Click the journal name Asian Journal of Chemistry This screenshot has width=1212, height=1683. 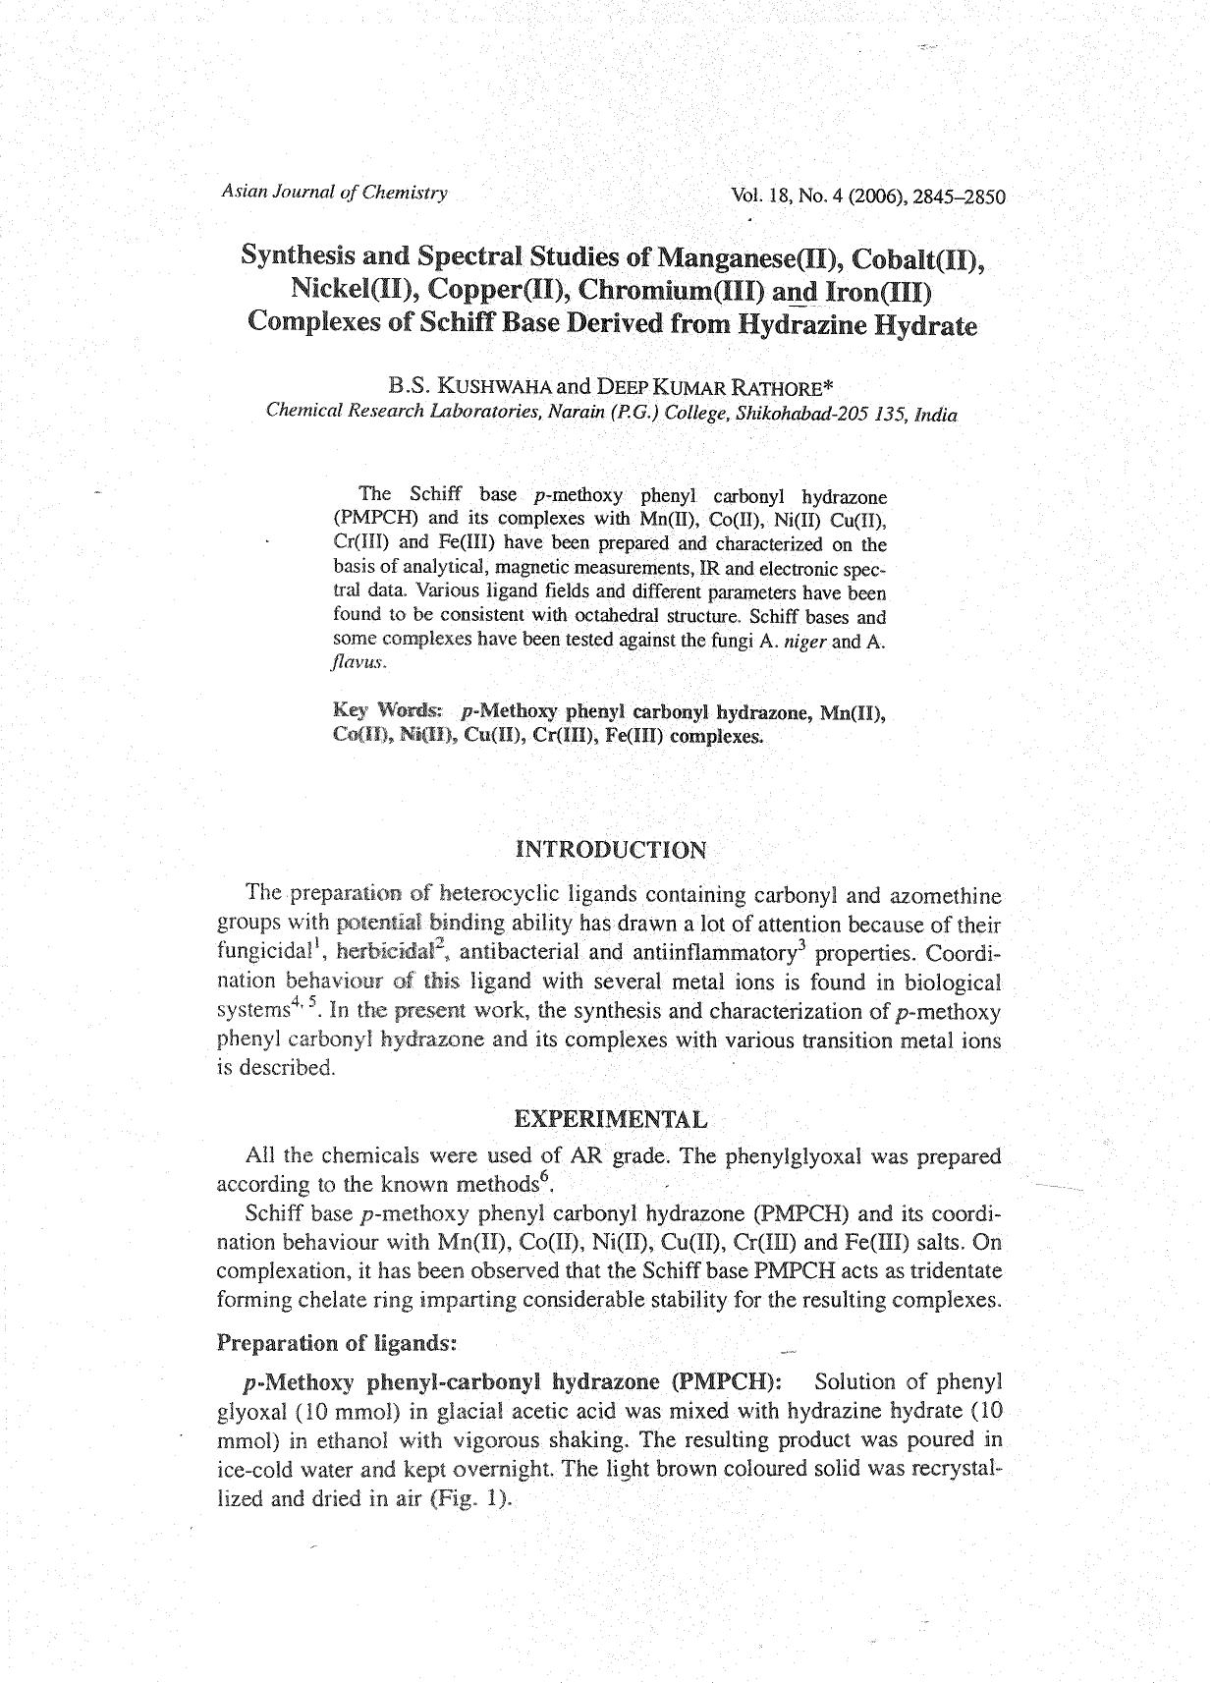(x=334, y=193)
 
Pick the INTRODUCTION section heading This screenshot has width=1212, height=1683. (x=610, y=850)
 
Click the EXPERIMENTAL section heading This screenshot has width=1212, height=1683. (x=610, y=1119)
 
